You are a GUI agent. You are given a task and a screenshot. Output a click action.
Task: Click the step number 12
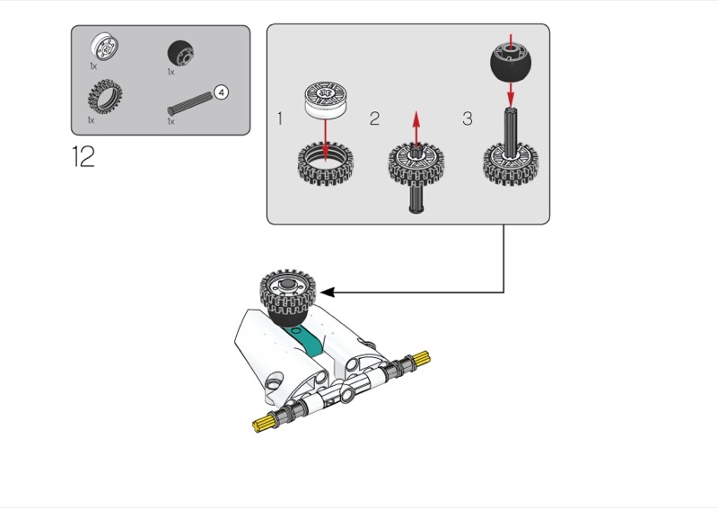coord(83,157)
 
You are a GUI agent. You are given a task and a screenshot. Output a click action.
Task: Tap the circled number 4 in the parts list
coord(222,91)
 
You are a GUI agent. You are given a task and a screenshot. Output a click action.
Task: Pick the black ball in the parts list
coord(177,52)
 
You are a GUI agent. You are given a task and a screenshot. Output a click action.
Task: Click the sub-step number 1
coord(280,118)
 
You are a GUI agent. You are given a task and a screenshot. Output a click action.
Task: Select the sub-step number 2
coord(374,118)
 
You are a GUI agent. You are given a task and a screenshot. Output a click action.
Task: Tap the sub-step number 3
coord(467,118)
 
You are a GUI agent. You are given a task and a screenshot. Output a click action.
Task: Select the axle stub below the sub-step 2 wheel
coord(416,197)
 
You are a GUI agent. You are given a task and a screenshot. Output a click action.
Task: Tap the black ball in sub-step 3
coord(511,61)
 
